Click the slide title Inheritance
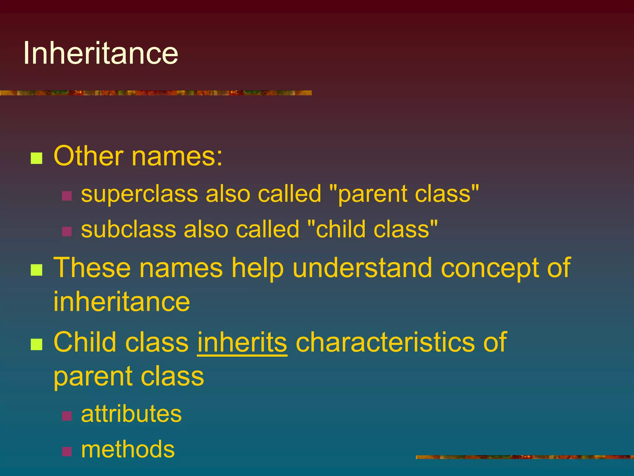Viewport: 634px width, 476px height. tap(101, 53)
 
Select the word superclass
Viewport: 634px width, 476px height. tap(139, 194)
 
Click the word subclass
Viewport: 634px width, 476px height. tap(128, 230)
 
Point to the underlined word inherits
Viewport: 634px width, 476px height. tap(242, 342)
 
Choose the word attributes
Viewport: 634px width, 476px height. tap(131, 414)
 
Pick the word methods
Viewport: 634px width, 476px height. tap(128, 449)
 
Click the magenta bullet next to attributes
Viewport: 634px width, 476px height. tap(67, 416)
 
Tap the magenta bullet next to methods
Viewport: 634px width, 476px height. tap(67, 451)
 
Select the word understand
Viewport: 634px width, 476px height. tap(362, 268)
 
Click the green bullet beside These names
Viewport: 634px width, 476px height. tap(37, 270)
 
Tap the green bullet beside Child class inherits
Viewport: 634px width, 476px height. tap(37, 344)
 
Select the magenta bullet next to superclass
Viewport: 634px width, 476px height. tap(67, 196)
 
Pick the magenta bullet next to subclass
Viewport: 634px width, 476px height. tap(67, 231)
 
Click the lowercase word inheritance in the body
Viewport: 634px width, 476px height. tap(122, 302)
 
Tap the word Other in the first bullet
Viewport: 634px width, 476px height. tap(89, 156)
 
